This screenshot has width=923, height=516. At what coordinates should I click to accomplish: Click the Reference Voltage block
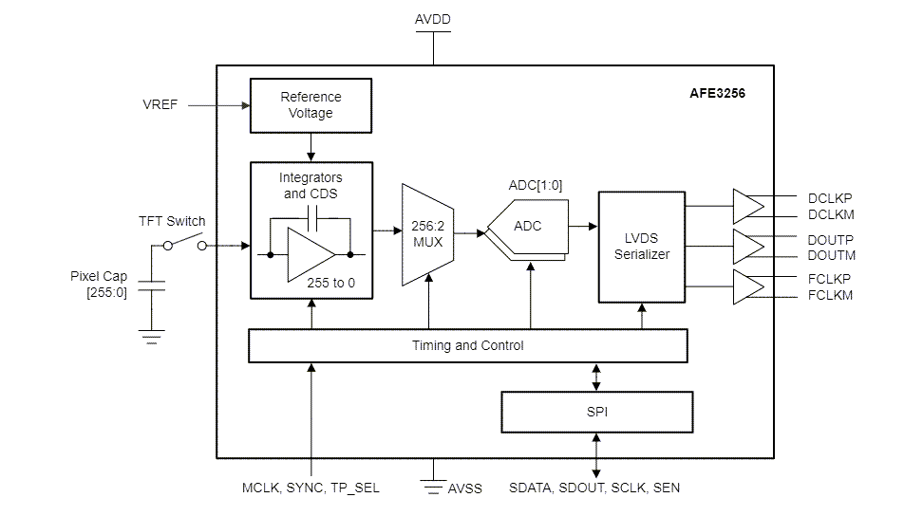tap(311, 105)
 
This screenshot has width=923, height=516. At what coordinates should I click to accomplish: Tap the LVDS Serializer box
tap(641, 247)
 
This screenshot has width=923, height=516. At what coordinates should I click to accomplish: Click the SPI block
tap(596, 413)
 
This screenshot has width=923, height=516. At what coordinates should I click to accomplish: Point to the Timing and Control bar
tap(467, 345)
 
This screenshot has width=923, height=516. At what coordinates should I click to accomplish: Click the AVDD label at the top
tap(434, 19)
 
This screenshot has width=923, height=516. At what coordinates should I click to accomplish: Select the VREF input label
tap(160, 104)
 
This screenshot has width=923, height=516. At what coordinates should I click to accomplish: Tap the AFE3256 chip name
tap(717, 95)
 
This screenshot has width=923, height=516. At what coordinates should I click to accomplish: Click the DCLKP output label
tap(829, 199)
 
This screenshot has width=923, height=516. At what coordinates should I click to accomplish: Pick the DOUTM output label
tap(831, 255)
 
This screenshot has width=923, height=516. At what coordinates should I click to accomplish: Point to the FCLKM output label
tap(829, 295)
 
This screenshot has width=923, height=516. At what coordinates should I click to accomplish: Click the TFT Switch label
tap(172, 221)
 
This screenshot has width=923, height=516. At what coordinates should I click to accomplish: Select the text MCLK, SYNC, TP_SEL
tap(311, 488)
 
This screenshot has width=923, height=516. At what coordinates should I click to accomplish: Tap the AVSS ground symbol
tap(434, 487)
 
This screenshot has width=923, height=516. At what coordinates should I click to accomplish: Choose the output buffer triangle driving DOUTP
tap(747, 247)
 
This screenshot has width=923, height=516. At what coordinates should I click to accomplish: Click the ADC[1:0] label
tap(536, 185)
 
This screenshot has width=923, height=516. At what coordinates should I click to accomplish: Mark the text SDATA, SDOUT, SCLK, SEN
tap(595, 488)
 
